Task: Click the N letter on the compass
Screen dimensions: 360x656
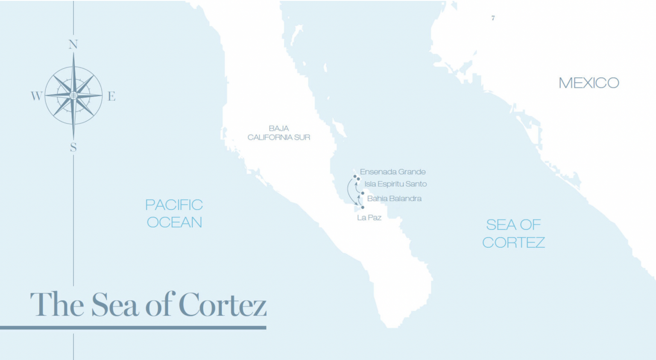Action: coord(73,44)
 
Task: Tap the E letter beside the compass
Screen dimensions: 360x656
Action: coord(111,96)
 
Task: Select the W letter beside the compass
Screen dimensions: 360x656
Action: coord(36,96)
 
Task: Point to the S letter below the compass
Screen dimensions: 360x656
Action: coord(73,147)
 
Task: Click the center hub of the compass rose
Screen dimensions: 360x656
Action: coord(73,95)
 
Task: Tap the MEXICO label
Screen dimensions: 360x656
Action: coord(589,83)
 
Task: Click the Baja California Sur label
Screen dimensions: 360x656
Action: coord(279,133)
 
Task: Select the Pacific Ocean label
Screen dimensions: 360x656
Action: coord(174,214)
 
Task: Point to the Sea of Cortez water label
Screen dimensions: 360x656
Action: coord(513,234)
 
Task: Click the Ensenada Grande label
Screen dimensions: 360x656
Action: coord(392,172)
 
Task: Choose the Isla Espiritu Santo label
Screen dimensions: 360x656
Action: coord(395,184)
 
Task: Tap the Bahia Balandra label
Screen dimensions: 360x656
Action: coord(394,199)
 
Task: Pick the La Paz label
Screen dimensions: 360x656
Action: coord(369,218)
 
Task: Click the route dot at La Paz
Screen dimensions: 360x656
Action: coord(363,208)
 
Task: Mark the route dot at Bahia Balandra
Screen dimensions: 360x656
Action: coord(363,193)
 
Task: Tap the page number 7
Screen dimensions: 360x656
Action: coord(493,18)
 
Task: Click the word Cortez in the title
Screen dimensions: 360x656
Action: coord(222,304)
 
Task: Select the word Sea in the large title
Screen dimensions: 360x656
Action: coord(115,304)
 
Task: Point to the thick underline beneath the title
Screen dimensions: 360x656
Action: coord(133,328)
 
